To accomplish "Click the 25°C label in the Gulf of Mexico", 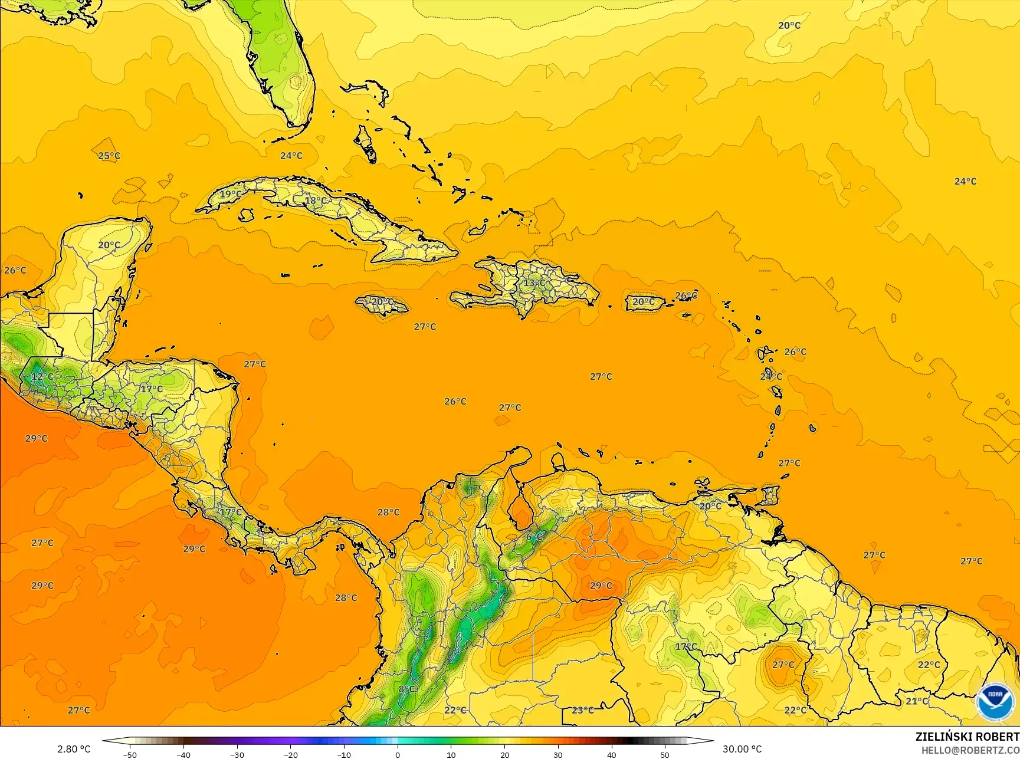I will click(109, 156).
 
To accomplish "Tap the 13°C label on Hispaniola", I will click(534, 283).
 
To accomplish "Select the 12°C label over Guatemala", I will click(42, 376).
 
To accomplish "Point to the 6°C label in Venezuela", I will click(534, 537).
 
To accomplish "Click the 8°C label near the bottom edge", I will click(407, 689).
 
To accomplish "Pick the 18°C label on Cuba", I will click(316, 201).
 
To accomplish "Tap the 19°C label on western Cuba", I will click(231, 194).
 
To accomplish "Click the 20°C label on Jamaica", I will click(382, 301).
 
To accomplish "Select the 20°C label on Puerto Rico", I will click(644, 301).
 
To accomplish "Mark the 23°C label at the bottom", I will click(583, 710).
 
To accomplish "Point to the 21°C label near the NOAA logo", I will click(917, 701).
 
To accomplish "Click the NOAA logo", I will click(995, 702).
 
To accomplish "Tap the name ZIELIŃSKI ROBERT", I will click(967, 737).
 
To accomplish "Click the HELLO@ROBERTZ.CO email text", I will click(970, 750).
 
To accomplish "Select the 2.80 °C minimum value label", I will click(74, 749).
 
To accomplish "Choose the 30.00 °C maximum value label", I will click(742, 749).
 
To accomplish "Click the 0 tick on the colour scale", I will click(398, 755).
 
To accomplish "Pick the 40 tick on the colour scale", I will click(612, 755).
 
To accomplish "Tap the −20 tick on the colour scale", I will click(290, 755).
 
